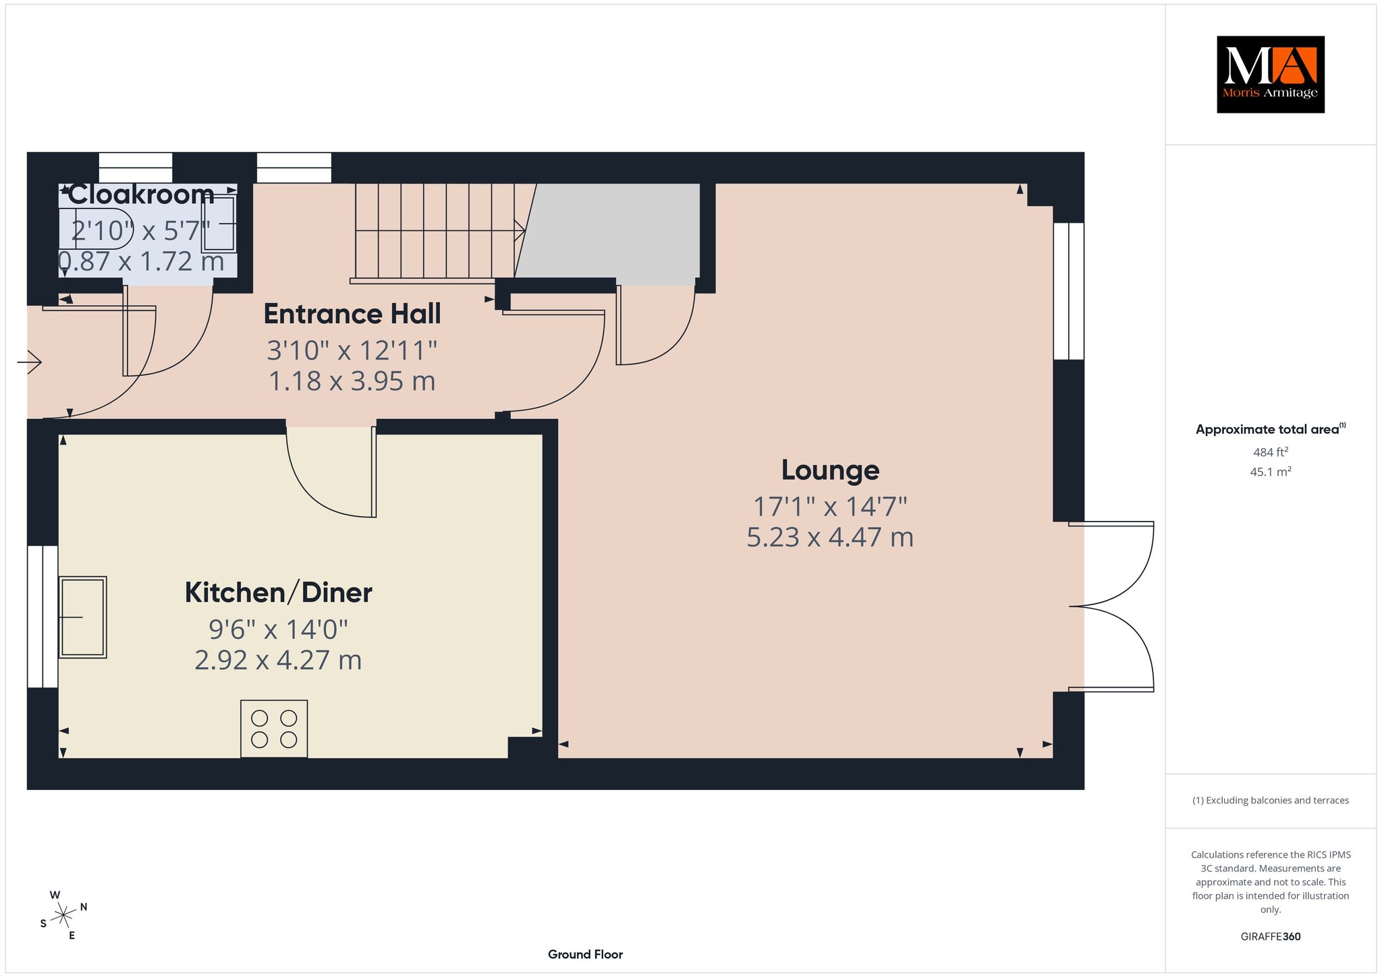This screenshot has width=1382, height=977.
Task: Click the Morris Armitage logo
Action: (1270, 74)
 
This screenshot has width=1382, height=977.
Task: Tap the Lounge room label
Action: (830, 470)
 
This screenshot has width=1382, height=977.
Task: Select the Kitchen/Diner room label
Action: (279, 592)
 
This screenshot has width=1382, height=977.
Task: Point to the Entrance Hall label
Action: (352, 314)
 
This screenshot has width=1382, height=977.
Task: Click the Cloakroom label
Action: (142, 194)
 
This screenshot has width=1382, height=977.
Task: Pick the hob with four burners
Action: (274, 729)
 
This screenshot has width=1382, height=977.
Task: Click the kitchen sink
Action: (82, 617)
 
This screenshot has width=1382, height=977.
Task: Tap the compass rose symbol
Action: (64, 915)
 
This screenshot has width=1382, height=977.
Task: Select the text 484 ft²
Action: (1270, 452)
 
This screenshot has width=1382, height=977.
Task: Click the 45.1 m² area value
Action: (1271, 472)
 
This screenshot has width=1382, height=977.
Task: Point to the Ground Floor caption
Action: (585, 954)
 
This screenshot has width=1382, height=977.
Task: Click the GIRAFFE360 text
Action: (1271, 937)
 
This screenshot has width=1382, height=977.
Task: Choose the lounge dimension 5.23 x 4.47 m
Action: (830, 537)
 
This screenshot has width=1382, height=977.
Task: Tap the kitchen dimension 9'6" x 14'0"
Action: (278, 629)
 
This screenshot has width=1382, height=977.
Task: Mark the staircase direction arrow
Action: (441, 230)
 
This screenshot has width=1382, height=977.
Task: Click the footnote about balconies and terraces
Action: (1271, 800)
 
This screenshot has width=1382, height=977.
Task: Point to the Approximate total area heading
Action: (1271, 429)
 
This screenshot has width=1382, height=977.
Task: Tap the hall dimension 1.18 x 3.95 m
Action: (352, 381)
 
